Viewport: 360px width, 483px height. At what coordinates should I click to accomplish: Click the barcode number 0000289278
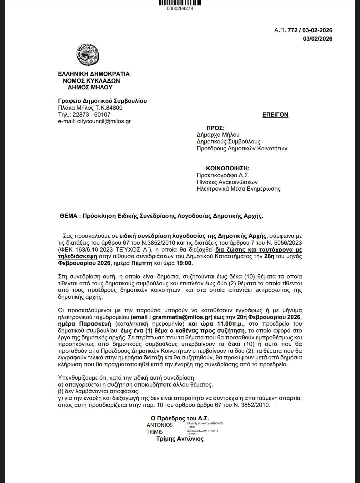180,8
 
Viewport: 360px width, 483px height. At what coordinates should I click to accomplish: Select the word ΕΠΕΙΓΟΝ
275,115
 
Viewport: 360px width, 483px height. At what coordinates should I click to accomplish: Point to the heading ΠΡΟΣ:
215,128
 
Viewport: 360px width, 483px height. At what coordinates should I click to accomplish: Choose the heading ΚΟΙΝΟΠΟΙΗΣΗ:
228,168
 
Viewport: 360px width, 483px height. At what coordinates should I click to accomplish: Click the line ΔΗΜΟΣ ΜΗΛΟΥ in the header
90,88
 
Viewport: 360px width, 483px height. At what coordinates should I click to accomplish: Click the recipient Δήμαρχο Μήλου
218,135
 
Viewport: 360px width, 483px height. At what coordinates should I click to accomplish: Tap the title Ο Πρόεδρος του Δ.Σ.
180,418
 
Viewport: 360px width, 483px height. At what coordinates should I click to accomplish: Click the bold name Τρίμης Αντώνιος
180,439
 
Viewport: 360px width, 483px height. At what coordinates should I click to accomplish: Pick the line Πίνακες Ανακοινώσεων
227,182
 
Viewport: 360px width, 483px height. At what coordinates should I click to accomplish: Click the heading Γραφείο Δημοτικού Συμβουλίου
102,101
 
